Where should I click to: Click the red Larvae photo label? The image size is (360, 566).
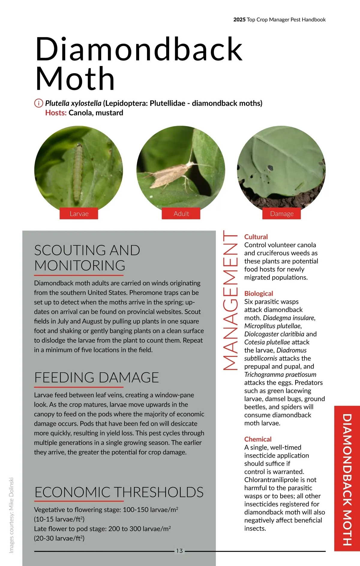(79, 214)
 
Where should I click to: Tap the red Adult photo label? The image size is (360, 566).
(181, 214)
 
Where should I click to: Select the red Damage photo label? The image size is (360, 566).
(281, 214)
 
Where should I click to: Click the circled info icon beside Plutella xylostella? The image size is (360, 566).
(39, 103)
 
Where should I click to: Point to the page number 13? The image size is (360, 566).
(179, 551)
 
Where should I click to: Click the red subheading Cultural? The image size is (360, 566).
(256, 237)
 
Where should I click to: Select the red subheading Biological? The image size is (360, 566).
(259, 294)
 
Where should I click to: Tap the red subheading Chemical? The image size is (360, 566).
(258, 439)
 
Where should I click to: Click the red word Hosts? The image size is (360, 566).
(56, 113)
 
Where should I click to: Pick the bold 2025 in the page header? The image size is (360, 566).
(239, 20)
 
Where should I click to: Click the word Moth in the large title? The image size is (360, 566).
(75, 79)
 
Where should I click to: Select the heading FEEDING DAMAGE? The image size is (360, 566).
(96, 378)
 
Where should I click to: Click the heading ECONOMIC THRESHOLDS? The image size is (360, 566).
(119, 492)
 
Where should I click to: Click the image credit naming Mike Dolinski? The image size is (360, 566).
(11, 515)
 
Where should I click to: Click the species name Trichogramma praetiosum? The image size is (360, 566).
(280, 375)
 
